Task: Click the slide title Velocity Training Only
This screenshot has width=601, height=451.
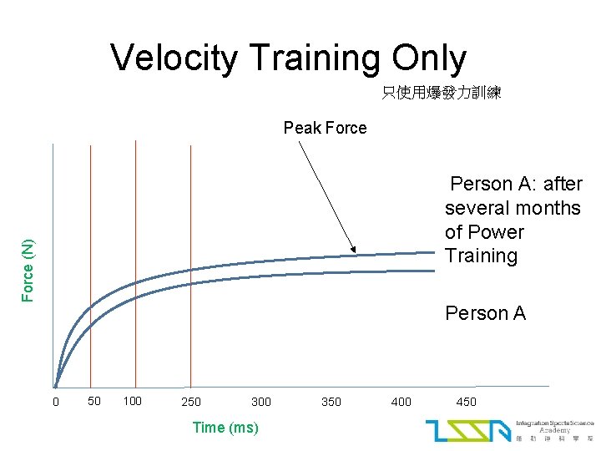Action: pos(288,58)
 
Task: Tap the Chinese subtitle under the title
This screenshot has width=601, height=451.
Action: pos(441,94)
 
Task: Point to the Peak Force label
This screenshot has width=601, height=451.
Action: pos(325,128)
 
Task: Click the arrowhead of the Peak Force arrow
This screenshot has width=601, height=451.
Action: pos(354,250)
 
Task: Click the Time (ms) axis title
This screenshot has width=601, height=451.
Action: pos(225,428)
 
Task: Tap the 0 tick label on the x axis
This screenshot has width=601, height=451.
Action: pos(56,403)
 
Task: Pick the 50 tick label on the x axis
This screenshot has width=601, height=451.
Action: pos(94,401)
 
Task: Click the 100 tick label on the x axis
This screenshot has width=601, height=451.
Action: pos(132,402)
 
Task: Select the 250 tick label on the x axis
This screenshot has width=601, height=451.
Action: pos(191,403)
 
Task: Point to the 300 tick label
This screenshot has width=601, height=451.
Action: pos(261,403)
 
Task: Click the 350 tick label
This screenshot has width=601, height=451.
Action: pos(331,403)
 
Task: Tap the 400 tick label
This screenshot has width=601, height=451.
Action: pos(402,403)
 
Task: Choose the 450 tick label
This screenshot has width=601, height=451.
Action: pos(467,403)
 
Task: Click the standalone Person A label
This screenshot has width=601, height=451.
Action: pos(485,313)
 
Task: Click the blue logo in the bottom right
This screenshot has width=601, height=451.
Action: pos(467,430)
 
